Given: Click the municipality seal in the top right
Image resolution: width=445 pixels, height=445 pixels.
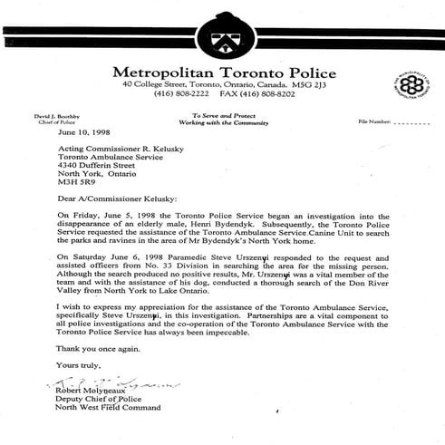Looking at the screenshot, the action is (412, 84).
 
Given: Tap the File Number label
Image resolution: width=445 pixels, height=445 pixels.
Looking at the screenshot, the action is (377, 120).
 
